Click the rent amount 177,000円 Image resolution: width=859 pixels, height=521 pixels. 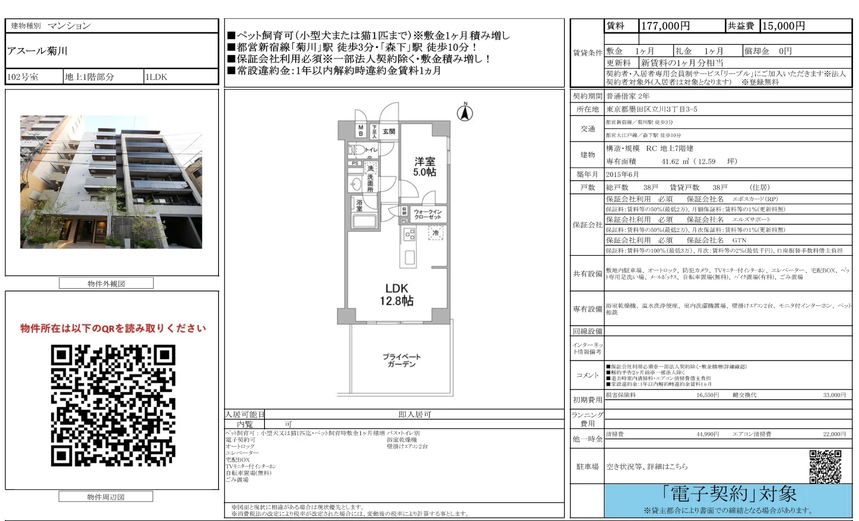(x=665, y=26)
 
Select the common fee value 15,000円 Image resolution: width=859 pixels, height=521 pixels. (x=783, y=26)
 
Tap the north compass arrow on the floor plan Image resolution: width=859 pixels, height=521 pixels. (x=465, y=112)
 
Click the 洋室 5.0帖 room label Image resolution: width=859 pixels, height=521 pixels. (x=424, y=167)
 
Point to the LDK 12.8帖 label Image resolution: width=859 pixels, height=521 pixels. (x=396, y=294)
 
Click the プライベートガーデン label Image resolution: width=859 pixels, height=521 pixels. (x=402, y=360)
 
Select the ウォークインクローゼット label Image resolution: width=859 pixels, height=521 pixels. (x=427, y=214)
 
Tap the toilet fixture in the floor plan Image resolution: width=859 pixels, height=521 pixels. (x=357, y=149)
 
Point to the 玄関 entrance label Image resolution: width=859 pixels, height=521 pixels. (x=389, y=131)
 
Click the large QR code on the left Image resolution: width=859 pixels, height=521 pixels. (x=113, y=405)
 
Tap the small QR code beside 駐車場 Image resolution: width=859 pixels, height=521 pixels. (x=825, y=466)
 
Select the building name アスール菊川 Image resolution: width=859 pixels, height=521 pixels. (x=37, y=51)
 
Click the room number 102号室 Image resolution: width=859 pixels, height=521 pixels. (x=23, y=77)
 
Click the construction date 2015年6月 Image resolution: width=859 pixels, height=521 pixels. (x=622, y=174)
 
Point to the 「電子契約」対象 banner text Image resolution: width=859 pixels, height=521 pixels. (x=729, y=494)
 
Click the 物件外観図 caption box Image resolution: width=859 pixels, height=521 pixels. (x=106, y=283)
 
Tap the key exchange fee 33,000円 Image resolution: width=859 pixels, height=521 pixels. (x=834, y=395)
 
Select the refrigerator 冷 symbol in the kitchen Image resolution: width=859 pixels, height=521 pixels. (x=435, y=233)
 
